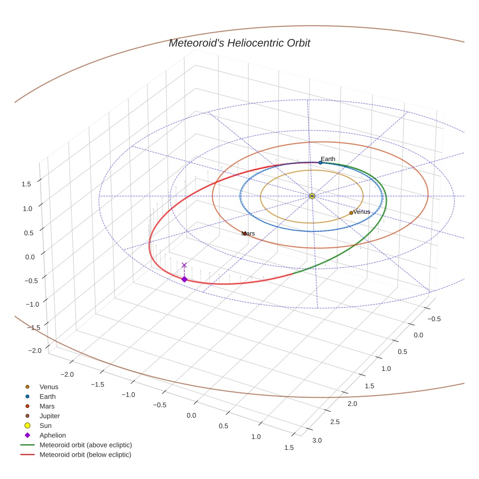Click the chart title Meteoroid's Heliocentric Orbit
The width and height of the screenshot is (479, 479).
tap(239, 43)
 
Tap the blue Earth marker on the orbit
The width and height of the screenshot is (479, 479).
tap(320, 163)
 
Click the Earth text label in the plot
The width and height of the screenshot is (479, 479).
tap(328, 159)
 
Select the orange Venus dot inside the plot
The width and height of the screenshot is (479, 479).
tap(351, 213)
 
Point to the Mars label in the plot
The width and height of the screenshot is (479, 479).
tap(248, 234)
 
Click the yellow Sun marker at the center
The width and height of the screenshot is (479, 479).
tap(312, 196)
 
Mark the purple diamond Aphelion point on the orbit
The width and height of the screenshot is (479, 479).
tap(184, 279)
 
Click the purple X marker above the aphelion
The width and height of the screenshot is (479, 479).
tap(184, 265)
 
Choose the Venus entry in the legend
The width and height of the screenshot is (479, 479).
tap(49, 387)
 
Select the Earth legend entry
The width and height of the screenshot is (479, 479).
tap(47, 397)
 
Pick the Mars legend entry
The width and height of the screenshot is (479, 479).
tap(47, 406)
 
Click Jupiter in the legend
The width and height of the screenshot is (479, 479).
tap(50, 416)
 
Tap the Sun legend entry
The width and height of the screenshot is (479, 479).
tap(45, 425)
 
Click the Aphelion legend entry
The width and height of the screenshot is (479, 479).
tap(53, 435)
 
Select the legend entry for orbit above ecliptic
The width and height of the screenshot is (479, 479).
tap(86, 445)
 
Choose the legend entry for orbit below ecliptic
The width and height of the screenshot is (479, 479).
tap(85, 455)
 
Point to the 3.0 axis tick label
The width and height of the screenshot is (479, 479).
tap(317, 441)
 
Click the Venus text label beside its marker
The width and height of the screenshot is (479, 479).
tap(361, 212)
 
